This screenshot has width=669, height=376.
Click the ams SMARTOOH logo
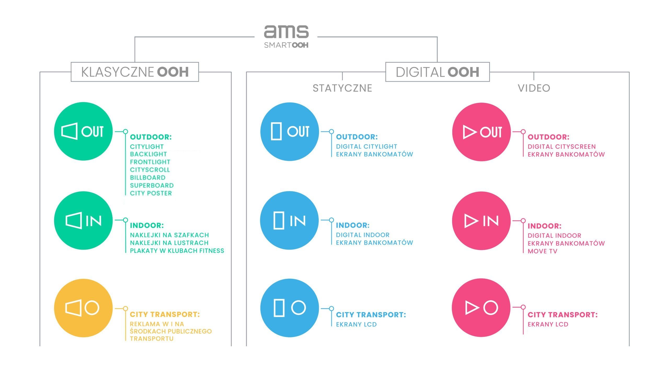pyautogui.click(x=286, y=37)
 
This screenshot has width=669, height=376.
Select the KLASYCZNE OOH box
pyautogui.click(x=135, y=72)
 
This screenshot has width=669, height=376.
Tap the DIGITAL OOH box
pyautogui.click(x=437, y=72)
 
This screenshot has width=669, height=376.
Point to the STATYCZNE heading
pyautogui.click(x=342, y=88)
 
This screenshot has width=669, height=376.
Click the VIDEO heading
pyautogui.click(x=534, y=88)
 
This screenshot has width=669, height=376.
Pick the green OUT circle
pyautogui.click(x=83, y=131)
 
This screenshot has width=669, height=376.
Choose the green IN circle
pyautogui.click(x=83, y=221)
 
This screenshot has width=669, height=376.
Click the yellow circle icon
pyautogui.click(x=83, y=308)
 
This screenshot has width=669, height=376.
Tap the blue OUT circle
pyautogui.click(x=290, y=131)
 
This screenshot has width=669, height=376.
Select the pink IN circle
pyautogui.click(x=481, y=221)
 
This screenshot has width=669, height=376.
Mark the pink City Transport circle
pyautogui.click(x=481, y=308)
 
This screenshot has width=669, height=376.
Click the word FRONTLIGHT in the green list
pyautogui.click(x=150, y=162)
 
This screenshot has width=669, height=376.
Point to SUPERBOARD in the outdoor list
pyautogui.click(x=152, y=185)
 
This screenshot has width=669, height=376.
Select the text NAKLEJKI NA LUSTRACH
pyautogui.click(x=169, y=243)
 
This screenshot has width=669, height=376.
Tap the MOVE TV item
pyautogui.click(x=543, y=251)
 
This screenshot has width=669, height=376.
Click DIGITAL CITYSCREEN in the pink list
pyautogui.click(x=562, y=146)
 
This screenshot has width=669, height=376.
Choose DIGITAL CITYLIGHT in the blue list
pyautogui.click(x=366, y=146)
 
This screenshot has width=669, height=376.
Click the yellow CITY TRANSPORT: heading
pyautogui.click(x=165, y=314)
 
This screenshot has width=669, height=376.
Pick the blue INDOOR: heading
pyautogui.click(x=353, y=225)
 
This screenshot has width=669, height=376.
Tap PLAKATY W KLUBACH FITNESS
pyautogui.click(x=177, y=251)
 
